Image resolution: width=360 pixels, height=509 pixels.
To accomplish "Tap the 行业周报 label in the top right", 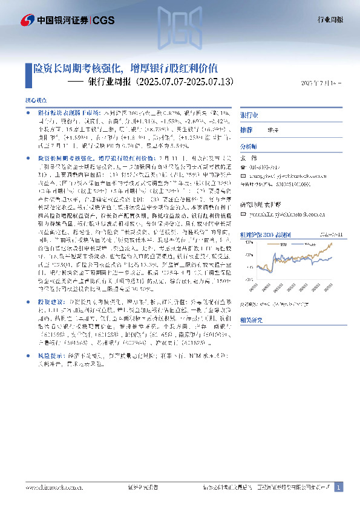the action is tap(330, 19).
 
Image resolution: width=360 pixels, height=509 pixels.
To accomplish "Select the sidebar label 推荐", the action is tap(246, 130).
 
